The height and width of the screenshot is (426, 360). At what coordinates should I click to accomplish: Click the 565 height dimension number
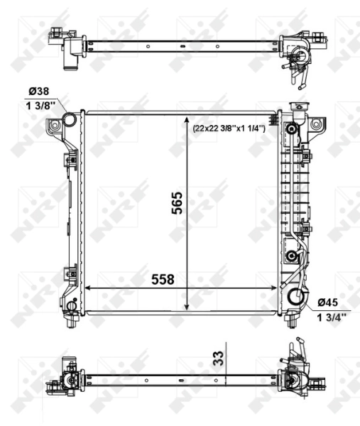[x=178, y=203]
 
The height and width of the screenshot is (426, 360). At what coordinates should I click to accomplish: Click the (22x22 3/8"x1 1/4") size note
[x=228, y=128]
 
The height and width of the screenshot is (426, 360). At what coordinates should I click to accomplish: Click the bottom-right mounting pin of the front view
[x=293, y=321]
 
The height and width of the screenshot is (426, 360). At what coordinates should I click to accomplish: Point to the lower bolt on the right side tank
[x=291, y=256]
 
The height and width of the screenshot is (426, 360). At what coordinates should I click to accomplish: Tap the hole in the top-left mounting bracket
[x=54, y=125]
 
